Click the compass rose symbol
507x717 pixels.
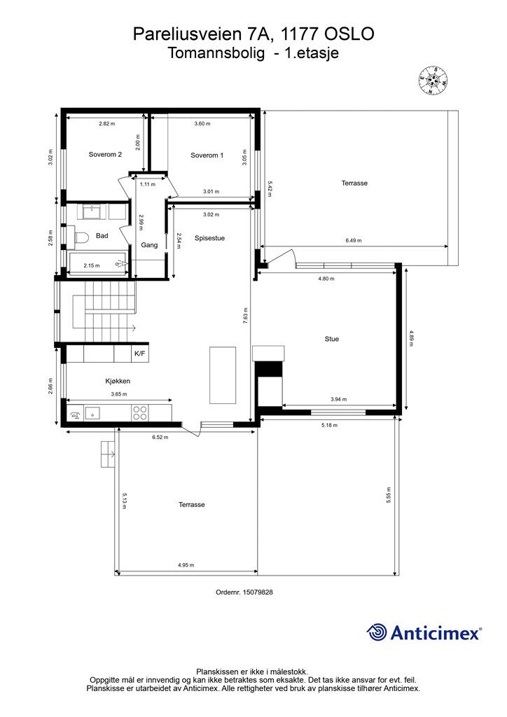(433, 81)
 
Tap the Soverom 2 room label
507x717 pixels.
(105, 155)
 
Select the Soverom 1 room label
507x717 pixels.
(207, 155)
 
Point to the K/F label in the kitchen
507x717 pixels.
(139, 354)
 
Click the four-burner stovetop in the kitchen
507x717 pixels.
(140, 413)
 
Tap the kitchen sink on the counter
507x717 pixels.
(92, 413)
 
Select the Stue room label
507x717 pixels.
(332, 339)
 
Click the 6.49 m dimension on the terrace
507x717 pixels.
(354, 241)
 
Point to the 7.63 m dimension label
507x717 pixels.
(246, 316)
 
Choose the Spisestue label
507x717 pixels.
(210, 238)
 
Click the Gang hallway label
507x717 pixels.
(149, 245)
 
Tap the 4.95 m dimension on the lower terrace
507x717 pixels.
(186, 565)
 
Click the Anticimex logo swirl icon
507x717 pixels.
(377, 632)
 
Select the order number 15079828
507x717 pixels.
(258, 592)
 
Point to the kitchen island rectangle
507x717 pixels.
(223, 375)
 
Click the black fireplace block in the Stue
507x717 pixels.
(270, 368)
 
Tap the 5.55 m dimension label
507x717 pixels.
(388, 495)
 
